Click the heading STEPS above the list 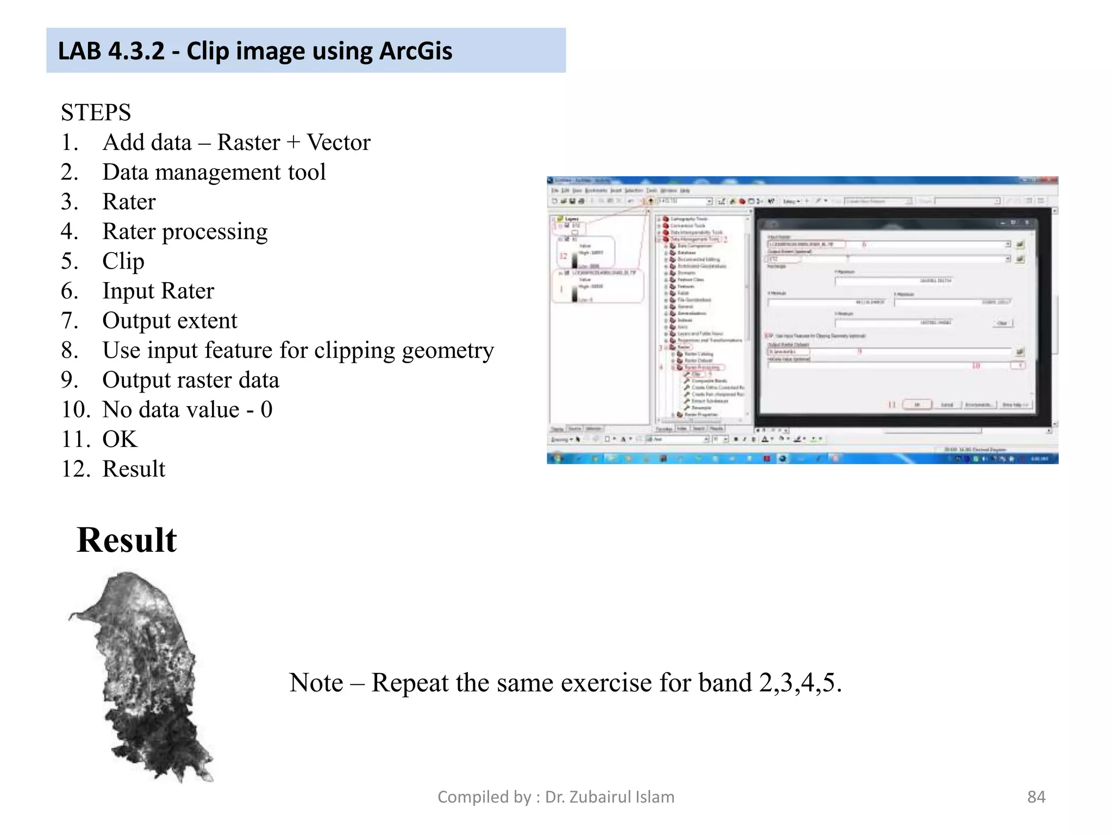(96, 113)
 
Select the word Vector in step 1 (339, 142)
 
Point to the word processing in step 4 (215, 232)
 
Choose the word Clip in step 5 (123, 261)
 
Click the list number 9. (70, 380)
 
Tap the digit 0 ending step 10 (266, 409)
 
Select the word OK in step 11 (120, 439)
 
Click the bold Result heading (127, 540)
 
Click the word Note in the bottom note (316, 683)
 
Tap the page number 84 (1036, 797)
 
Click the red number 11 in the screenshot (892, 404)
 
